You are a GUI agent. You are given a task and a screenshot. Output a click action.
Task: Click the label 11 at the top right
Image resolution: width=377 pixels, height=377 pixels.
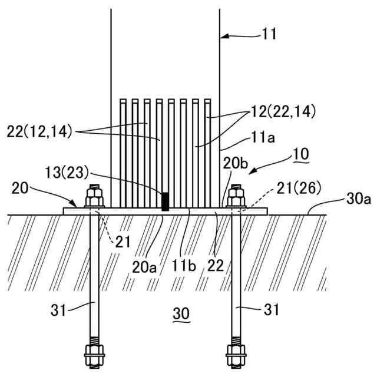(269, 35)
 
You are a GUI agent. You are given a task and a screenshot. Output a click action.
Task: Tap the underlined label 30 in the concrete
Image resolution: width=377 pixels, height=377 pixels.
(181, 315)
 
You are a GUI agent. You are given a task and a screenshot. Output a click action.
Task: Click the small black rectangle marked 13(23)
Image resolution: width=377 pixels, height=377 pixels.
(166, 201)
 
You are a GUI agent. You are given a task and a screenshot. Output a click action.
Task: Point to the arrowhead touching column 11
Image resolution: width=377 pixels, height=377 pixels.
(223, 37)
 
